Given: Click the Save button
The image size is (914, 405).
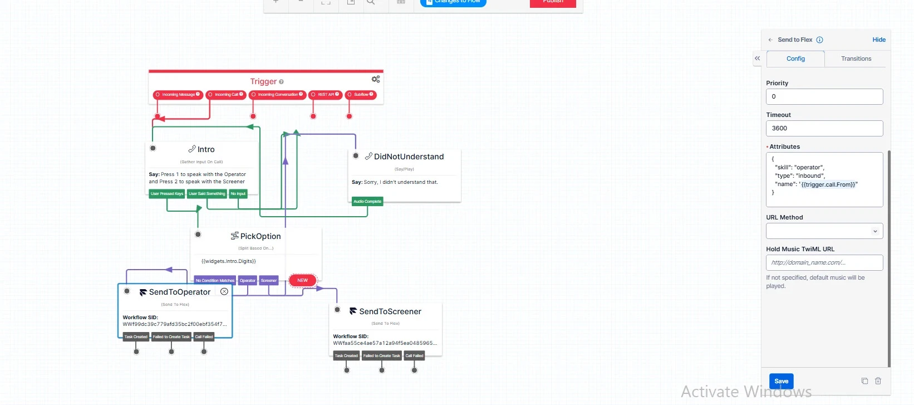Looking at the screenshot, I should coord(781,381).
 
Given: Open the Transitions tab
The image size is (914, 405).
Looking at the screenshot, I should coord(856,58).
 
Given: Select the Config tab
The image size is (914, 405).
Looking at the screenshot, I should coord(795,58).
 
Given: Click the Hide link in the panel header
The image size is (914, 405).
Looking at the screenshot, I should coord(879,40).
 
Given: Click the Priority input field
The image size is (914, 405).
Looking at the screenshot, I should coord(824,96).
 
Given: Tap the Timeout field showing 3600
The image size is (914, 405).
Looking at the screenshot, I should coord(824,128).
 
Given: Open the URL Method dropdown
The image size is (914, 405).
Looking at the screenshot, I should coord(824,231).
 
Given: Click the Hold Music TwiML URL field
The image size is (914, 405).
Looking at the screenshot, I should coord(824,262).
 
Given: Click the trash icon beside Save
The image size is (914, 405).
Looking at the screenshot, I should coord(878,381).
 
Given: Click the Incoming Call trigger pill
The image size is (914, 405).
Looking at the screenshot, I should coord(226,95).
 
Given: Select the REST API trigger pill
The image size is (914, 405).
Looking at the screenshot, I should coord(326,95).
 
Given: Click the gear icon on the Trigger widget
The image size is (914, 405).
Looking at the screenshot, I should coord(376,79).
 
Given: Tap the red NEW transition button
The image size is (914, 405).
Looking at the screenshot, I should coord(302,280).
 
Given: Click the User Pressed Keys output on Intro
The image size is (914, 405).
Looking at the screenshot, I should coord(167,194).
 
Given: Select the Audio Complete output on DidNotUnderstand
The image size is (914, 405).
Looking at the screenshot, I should coord(367,201).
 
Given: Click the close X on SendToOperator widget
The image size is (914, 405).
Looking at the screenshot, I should coord(224,291).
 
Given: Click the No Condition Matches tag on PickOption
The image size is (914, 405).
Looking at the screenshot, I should coord(215,280).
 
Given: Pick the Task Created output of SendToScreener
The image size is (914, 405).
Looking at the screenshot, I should coord(346,355).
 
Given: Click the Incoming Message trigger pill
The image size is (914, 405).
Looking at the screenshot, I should coord(178,95).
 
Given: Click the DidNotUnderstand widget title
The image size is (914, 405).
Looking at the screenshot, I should coord(409,157).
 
